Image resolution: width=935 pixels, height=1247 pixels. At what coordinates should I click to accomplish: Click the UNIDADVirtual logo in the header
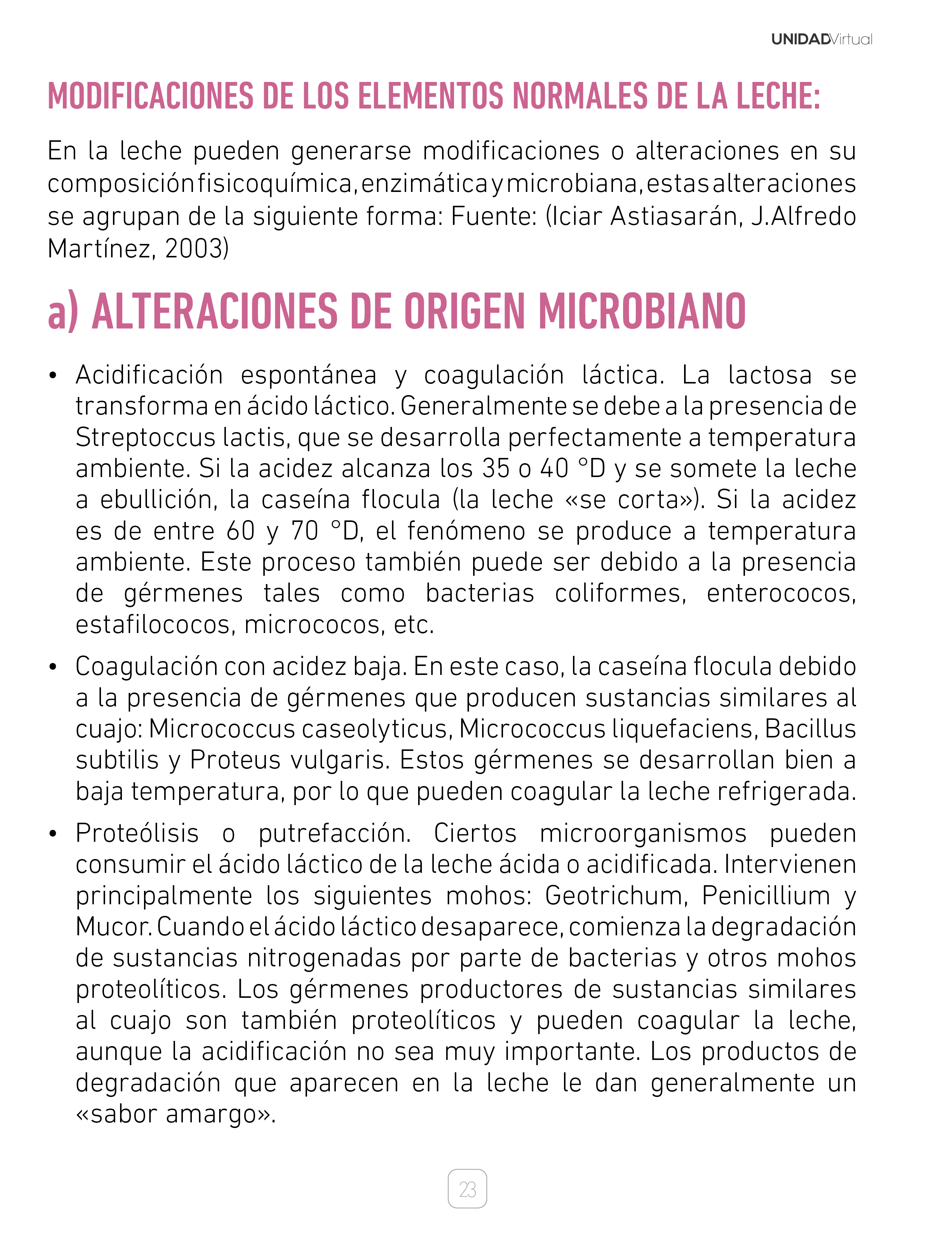[821, 39]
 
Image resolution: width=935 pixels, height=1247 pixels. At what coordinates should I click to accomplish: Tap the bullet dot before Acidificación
[53, 376]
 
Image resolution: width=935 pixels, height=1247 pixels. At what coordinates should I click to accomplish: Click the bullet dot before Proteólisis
[53, 834]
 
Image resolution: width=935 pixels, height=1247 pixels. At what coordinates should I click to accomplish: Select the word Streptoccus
[146, 437]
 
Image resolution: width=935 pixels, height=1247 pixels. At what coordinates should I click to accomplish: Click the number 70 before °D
[305, 531]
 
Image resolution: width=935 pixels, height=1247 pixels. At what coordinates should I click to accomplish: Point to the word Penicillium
[765, 896]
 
